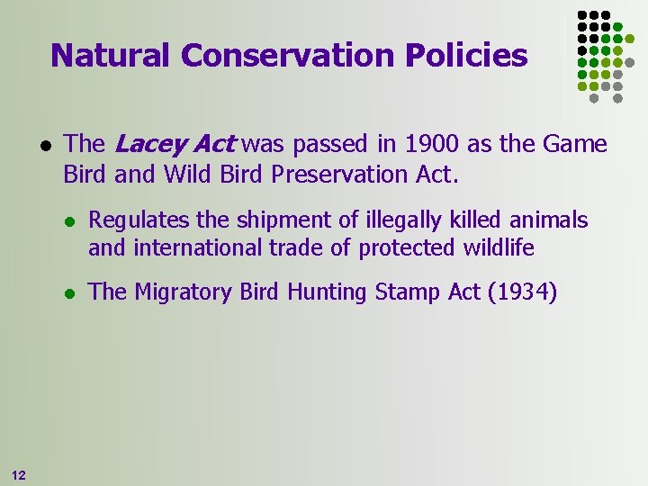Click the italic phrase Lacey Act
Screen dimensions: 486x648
click(x=175, y=144)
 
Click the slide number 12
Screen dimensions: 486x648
click(x=19, y=474)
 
